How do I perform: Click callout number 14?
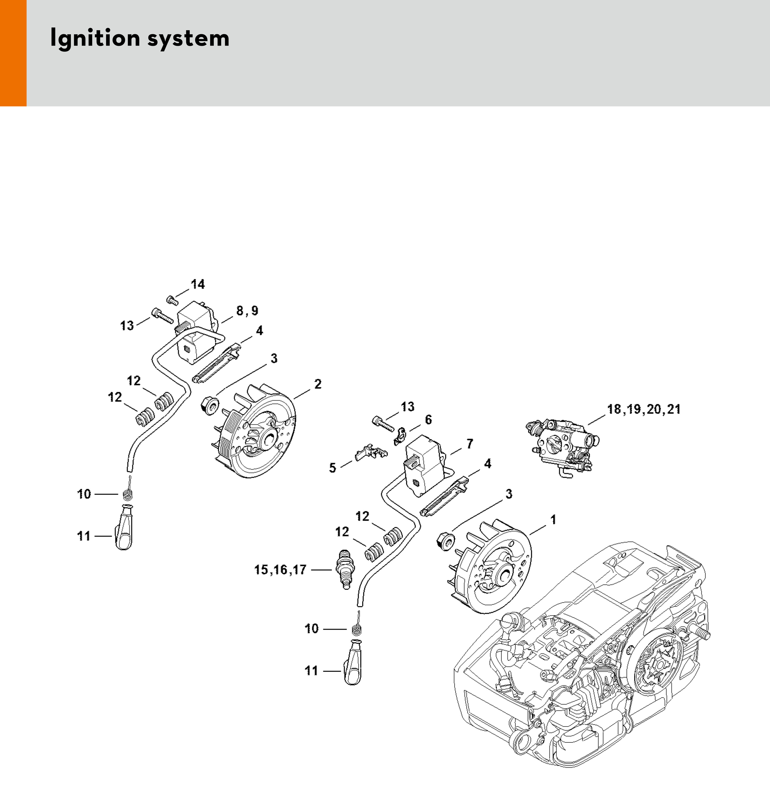click(198, 284)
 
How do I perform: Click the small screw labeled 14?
click(172, 301)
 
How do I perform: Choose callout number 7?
click(470, 443)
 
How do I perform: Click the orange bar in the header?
click(13, 53)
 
